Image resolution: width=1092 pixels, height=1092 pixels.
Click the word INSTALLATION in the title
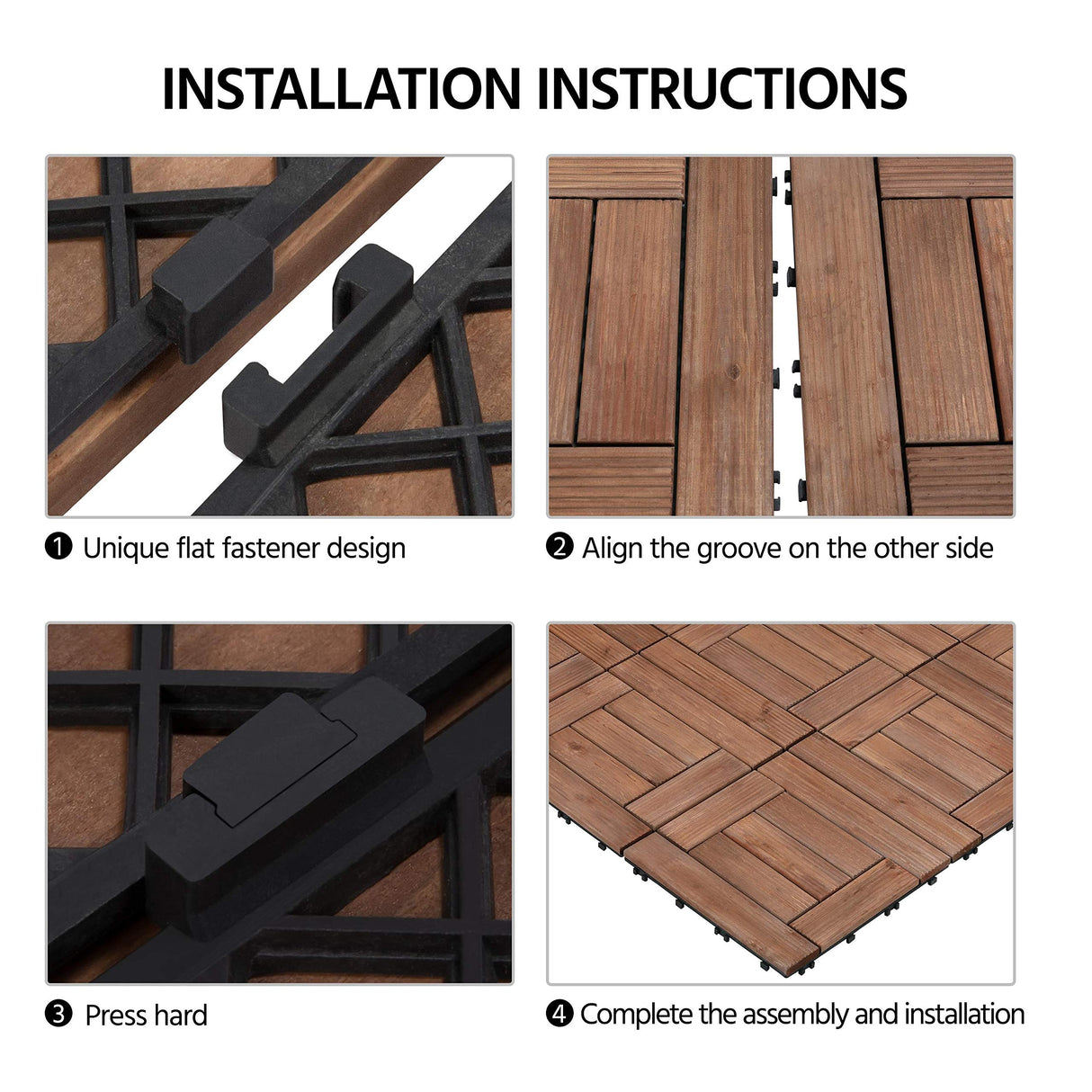tap(341, 88)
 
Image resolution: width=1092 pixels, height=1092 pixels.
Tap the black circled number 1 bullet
tap(58, 547)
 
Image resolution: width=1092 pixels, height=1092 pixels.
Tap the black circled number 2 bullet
tap(559, 547)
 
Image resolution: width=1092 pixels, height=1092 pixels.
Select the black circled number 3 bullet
tap(58, 1015)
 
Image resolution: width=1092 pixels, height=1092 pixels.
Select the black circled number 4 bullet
tap(559, 1015)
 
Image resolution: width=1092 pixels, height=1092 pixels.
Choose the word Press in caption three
tap(115, 1016)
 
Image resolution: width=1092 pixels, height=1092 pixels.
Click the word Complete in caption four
tap(636, 1015)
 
